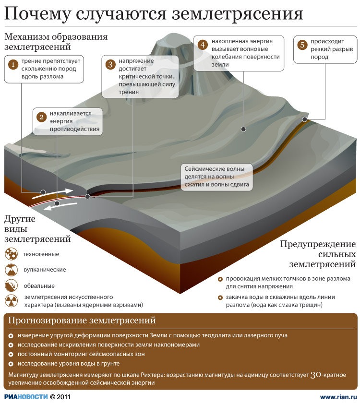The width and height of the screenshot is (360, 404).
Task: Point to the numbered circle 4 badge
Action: pos(203,45)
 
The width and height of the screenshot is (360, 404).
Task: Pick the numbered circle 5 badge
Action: pos(302,45)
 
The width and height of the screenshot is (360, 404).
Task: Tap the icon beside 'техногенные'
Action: pos(11,254)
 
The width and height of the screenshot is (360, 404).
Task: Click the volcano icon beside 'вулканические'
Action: pos(11,270)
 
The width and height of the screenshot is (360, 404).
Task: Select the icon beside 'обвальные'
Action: pos(11,285)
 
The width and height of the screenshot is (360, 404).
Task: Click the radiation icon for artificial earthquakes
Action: pos(11,301)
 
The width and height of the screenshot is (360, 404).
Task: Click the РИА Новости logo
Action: pos(26,397)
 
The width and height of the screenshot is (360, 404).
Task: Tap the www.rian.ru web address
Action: pos(338,397)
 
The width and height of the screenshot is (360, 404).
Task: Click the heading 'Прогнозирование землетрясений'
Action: pos(82,321)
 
